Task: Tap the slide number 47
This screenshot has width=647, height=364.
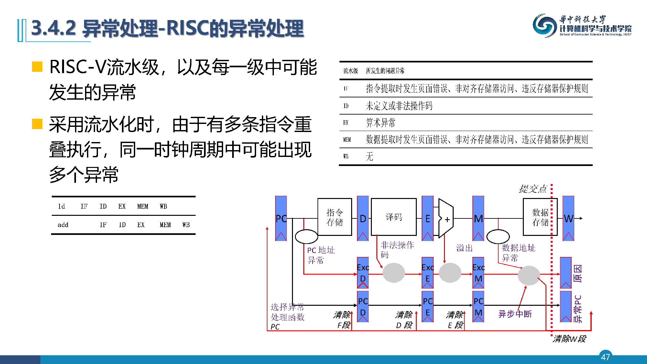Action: pos(605,357)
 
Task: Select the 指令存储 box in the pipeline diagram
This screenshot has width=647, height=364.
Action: pos(334,217)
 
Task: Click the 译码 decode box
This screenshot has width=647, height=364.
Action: pos(394,217)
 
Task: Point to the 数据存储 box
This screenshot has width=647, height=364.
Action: pos(540,217)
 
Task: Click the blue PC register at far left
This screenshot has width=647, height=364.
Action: pos(281,218)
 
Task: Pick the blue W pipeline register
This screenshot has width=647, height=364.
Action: pos(568,218)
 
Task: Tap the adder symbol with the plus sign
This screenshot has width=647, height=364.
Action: pos(446,219)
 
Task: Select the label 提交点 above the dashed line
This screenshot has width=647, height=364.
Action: pos(533,189)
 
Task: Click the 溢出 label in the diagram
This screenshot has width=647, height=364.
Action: pos(464,248)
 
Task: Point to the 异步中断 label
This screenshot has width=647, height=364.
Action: pos(515,314)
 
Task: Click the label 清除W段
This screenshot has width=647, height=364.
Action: pos(569,339)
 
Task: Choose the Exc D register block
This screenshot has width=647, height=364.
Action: pos(363,273)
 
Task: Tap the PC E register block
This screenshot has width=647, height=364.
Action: pos(427,306)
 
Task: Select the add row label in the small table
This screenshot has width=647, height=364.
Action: pos(63,225)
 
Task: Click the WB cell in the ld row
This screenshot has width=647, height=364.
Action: pos(163,206)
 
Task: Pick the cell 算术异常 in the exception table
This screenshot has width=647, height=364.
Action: pos(381,123)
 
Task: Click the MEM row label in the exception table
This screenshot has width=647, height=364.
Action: pos(347,139)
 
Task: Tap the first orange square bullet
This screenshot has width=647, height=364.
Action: pos(37,67)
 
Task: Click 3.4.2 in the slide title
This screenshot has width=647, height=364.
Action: pos(54,28)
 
